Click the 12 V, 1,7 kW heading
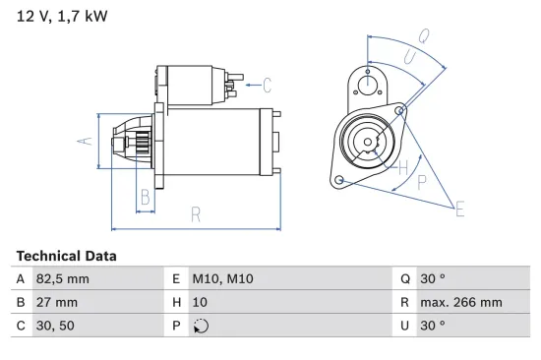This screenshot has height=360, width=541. [60, 17]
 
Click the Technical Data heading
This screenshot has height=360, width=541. [66, 256]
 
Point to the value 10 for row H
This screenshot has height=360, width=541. [199, 302]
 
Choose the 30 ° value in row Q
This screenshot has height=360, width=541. [434, 279]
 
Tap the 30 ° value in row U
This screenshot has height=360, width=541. [434, 325]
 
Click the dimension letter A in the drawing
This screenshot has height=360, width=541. [85, 140]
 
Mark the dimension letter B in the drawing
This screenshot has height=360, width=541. [145, 196]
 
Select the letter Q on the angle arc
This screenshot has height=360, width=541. [424, 35]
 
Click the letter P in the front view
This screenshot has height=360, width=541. [421, 182]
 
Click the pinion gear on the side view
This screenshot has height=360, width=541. [139, 142]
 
